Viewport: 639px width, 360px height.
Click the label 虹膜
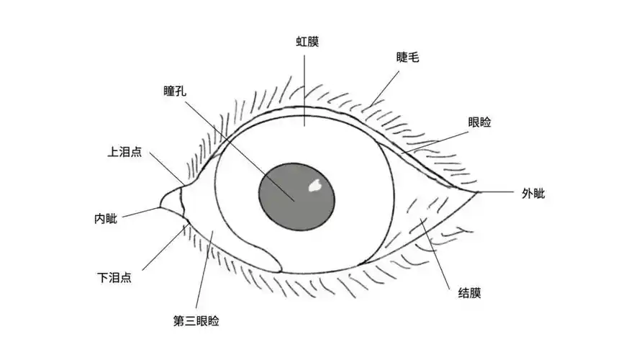[307, 42]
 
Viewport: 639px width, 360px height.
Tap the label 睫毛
[407, 57]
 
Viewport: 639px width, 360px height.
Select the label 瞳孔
[175, 91]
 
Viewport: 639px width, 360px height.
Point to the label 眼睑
[480, 122]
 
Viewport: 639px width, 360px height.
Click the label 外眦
[533, 193]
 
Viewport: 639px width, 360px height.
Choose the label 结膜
[469, 293]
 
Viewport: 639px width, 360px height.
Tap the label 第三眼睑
[196, 321]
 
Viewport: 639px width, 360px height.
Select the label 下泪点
[114, 278]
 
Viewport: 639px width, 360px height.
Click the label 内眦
[106, 219]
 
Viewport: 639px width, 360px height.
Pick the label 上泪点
[124, 152]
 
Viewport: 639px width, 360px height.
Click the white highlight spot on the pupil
[315, 186]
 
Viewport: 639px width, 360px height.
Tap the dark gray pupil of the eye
[296, 197]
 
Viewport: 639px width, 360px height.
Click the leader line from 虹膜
[304, 91]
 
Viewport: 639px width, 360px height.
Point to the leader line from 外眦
[495, 192]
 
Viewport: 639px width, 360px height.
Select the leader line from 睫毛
[385, 89]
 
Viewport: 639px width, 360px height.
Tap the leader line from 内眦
[141, 212]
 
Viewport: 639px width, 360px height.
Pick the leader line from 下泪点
[164, 247]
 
